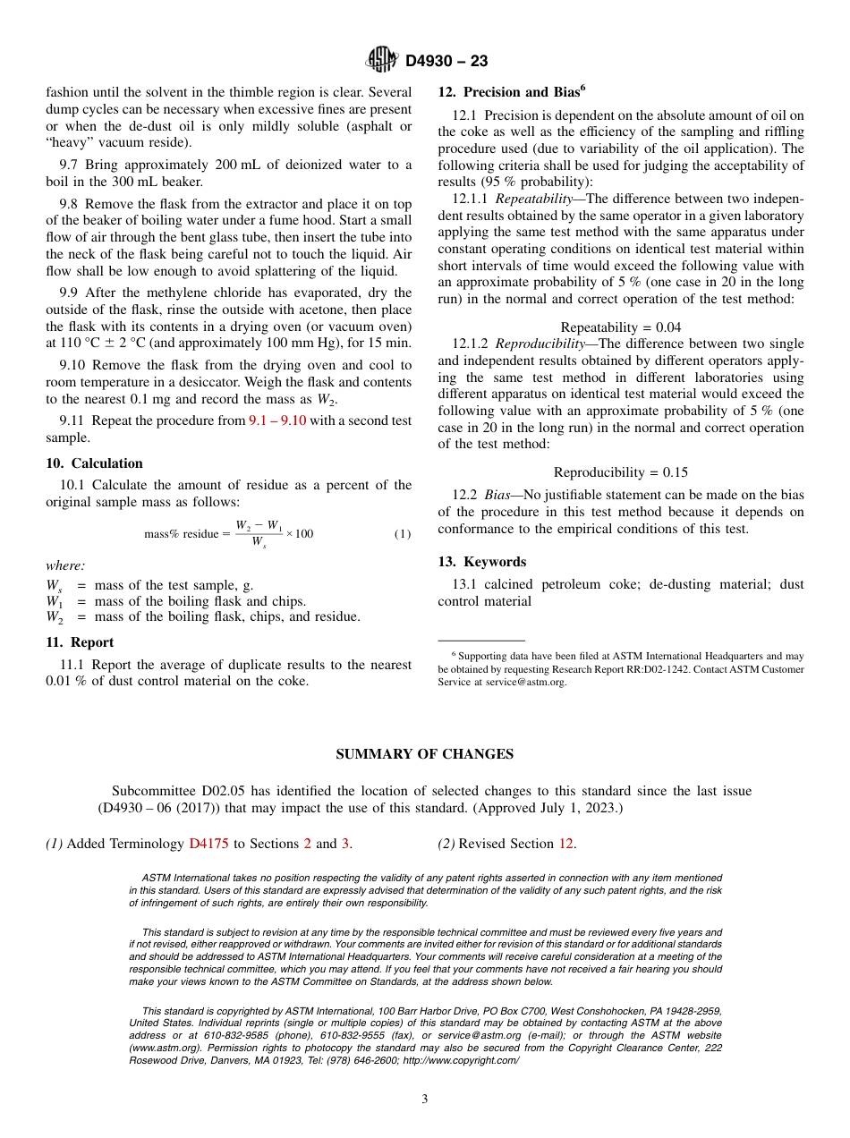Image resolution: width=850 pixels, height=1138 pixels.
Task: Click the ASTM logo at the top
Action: pos(380,60)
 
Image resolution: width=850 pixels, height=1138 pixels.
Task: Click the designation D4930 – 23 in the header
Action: pos(446,61)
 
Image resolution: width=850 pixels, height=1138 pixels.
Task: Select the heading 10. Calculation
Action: pos(94,463)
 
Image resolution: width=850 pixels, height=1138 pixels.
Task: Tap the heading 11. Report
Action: pos(80,642)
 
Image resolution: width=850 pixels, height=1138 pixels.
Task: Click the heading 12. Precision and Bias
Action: pos(511,92)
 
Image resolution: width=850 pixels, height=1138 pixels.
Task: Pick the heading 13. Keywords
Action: pos(481,562)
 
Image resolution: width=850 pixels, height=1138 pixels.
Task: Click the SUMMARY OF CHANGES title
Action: pos(424,754)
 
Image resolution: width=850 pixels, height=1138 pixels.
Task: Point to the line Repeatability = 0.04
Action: pos(620,327)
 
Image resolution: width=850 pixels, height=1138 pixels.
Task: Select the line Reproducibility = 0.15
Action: pos(620,472)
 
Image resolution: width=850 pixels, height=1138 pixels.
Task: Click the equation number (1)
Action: pos(402,534)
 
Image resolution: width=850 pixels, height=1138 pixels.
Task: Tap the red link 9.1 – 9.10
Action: pos(276,420)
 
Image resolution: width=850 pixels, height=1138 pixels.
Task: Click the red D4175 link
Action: pos(209,844)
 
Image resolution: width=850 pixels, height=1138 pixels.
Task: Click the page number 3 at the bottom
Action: pos(425,1100)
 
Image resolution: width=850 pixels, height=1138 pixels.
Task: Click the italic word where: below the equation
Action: pos(65,565)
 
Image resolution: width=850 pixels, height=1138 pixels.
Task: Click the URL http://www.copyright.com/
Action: pos(460,1060)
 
